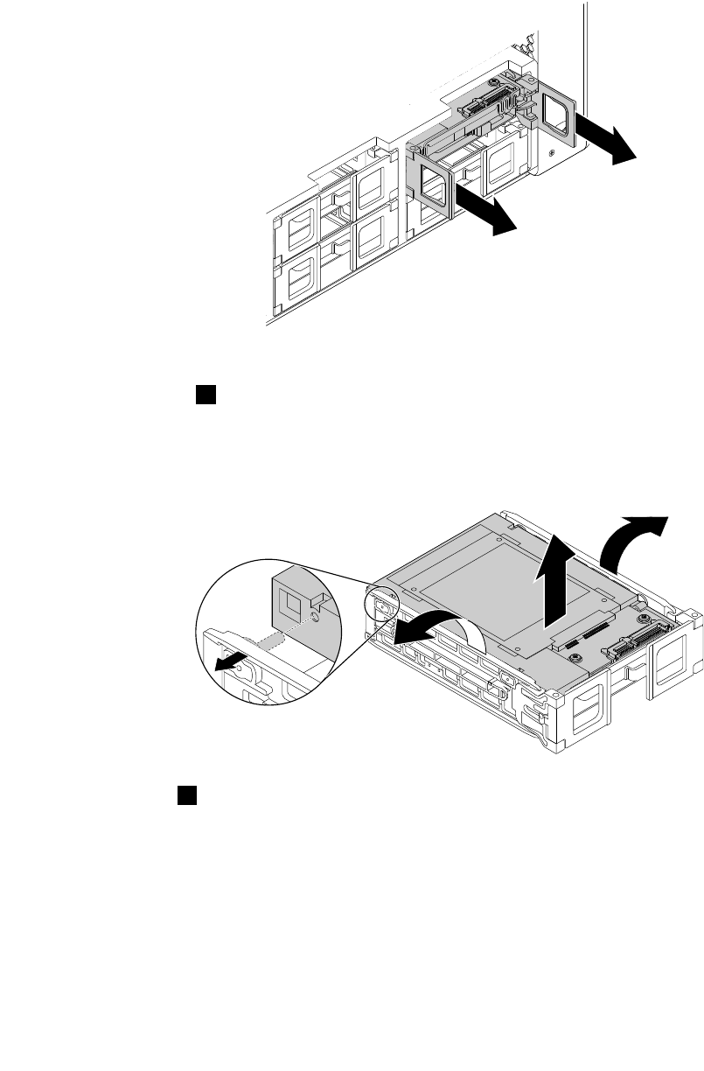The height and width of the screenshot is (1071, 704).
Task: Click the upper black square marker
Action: pos(206,395)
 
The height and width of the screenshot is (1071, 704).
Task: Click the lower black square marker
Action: pos(186,794)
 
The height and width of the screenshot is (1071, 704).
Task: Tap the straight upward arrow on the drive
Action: pos(555,584)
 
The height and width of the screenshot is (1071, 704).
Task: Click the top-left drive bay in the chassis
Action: pos(296,229)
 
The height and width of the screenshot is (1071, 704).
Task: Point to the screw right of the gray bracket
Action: pos(552,151)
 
